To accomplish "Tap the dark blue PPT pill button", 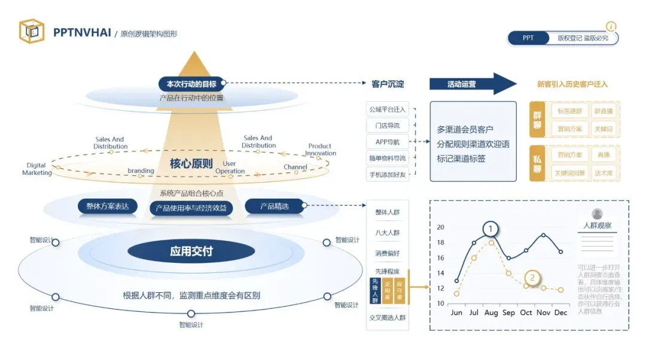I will [528, 38].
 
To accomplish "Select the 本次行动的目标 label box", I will [191, 84].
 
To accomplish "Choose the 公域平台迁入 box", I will [387, 110].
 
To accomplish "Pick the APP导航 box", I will [387, 142].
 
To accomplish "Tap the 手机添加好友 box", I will [387, 174].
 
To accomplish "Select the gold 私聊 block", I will [537, 163].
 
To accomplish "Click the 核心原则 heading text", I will [191, 163].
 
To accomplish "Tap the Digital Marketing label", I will [37, 169].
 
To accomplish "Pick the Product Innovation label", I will [321, 150].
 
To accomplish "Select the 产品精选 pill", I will [274, 207].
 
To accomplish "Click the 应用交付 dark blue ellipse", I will [191, 251].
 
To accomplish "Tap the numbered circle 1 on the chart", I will [490, 229].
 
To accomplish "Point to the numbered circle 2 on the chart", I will [532, 278].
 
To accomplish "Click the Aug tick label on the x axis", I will [491, 313].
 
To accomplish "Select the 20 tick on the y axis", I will [441, 227].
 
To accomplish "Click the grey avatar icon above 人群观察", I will [597, 214].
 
